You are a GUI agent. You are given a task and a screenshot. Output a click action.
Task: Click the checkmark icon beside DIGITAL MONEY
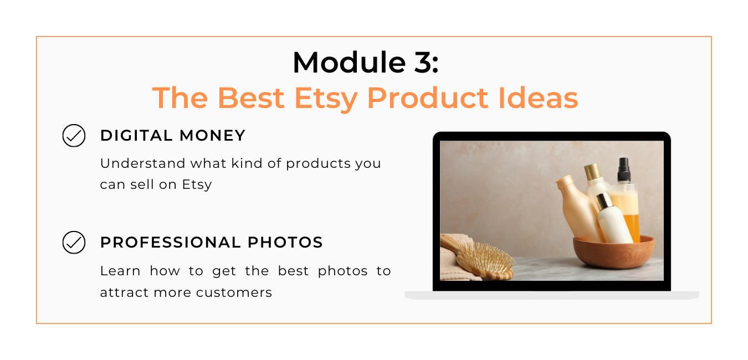pyautogui.click(x=74, y=136)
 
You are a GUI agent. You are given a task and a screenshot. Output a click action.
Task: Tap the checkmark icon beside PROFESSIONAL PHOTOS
pyautogui.click(x=74, y=242)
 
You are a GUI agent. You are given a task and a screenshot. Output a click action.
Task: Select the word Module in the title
pyautogui.click(x=349, y=63)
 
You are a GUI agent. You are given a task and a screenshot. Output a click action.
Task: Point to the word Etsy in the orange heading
pyautogui.click(x=326, y=99)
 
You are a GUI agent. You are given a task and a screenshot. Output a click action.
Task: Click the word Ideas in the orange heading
pyautogui.click(x=538, y=98)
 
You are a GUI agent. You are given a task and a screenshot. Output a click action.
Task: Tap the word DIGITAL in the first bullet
pyautogui.click(x=136, y=136)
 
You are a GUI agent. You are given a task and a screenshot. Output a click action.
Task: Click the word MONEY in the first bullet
pyautogui.click(x=212, y=136)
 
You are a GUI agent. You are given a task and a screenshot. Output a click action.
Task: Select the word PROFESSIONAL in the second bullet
pyautogui.click(x=170, y=242)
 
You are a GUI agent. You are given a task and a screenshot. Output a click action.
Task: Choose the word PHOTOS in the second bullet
pyautogui.click(x=285, y=242)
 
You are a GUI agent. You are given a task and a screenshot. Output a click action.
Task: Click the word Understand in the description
pyautogui.click(x=142, y=163)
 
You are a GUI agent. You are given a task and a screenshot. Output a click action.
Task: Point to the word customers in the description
pyautogui.click(x=234, y=292)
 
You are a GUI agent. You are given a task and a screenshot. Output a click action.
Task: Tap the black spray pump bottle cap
pyautogui.click(x=623, y=170)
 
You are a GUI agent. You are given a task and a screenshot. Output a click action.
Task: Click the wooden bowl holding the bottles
pyautogui.click(x=614, y=252)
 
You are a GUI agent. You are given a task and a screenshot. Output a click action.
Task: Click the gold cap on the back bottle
pyautogui.click(x=592, y=172)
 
